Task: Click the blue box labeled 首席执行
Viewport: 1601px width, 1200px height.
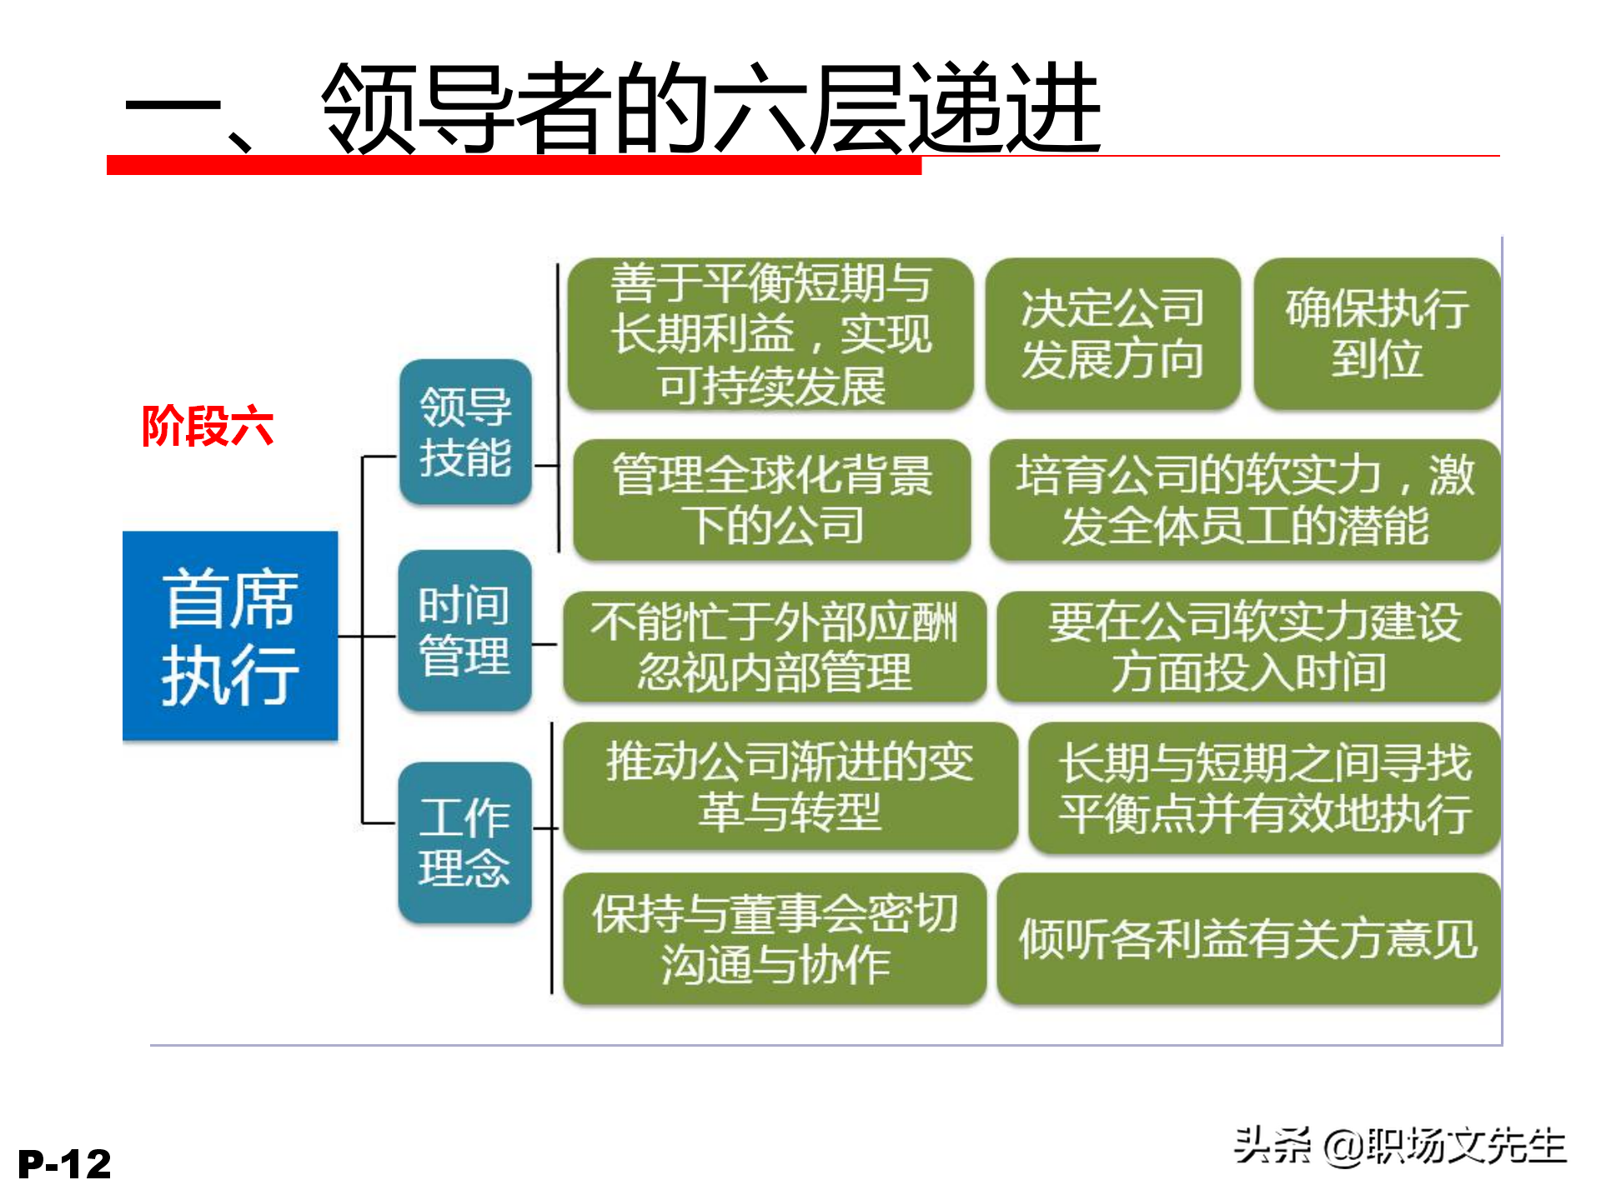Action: point(230,636)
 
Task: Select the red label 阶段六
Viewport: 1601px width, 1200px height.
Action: point(207,427)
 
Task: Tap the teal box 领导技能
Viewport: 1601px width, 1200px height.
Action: point(465,432)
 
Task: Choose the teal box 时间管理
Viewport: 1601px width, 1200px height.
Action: point(464,630)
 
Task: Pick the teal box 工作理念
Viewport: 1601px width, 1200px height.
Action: point(464,842)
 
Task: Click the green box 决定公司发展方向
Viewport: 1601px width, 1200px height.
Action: point(1112,333)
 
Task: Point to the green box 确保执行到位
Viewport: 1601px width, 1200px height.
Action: point(1377,333)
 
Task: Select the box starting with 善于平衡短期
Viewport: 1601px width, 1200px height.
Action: point(770,333)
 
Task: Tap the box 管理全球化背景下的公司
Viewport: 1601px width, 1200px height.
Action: point(772,500)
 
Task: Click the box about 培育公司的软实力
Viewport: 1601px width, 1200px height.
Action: point(1245,500)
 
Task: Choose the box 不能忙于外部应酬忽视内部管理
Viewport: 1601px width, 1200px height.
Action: point(774,647)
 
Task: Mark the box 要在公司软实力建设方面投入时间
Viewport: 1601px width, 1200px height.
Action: point(1248,647)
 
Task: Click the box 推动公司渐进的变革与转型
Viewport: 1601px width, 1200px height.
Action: point(790,787)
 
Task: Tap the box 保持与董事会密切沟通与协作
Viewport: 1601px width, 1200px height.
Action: point(774,939)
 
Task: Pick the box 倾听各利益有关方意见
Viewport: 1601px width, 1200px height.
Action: point(1248,939)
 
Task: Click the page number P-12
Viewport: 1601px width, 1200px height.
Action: point(64,1164)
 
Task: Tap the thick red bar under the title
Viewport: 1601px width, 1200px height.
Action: point(514,165)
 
